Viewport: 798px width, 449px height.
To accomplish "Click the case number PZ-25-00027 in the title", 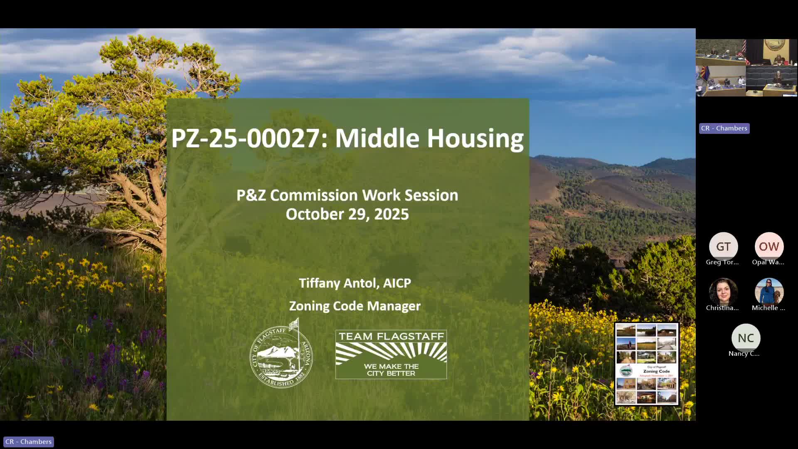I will point(245,138).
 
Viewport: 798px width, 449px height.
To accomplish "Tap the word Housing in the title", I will point(475,138).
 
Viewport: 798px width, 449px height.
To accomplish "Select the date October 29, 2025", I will point(347,214).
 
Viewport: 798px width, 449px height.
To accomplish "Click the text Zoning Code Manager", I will point(355,306).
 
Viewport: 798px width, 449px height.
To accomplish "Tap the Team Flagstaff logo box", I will point(391,354).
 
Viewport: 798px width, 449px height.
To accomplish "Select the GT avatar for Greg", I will point(723,247).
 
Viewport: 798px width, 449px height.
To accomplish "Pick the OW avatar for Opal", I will point(769,247).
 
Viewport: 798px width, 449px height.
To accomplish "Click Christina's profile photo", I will point(723,292).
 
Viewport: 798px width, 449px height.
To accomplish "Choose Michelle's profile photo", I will point(769,292).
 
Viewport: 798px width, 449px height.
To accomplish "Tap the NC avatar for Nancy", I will point(746,338).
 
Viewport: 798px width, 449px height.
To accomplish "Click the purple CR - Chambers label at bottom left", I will point(29,442).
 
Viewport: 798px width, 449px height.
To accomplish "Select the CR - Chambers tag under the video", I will point(724,128).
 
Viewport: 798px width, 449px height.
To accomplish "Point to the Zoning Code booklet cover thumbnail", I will point(647,364).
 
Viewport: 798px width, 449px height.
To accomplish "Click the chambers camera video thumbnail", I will point(746,68).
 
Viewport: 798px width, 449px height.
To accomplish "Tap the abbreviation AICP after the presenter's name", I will point(397,283).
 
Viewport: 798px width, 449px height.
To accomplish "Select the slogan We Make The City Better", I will point(391,370).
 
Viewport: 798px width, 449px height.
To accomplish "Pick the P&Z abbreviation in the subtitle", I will point(251,195).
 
